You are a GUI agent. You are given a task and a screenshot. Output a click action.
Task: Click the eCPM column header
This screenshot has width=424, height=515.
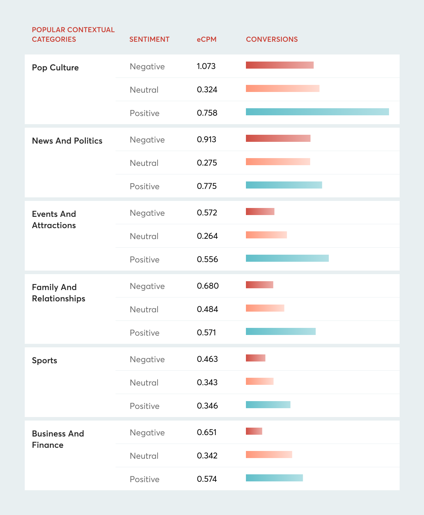206,39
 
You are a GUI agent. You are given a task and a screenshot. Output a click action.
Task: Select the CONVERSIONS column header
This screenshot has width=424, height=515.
272,39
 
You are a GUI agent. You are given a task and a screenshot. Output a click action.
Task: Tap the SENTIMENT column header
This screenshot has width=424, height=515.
149,39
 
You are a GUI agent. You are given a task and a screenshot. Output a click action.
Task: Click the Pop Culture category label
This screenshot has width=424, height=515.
55,68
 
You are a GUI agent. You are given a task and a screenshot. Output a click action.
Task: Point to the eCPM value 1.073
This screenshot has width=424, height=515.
206,66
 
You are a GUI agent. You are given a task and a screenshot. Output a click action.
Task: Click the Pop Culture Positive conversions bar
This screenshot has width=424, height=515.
317,112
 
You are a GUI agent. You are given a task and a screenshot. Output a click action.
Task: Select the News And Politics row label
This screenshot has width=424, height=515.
67,140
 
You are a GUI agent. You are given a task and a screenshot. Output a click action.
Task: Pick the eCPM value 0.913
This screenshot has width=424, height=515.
206,139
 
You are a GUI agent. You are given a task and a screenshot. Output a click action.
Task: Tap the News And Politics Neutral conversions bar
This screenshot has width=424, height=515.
278,162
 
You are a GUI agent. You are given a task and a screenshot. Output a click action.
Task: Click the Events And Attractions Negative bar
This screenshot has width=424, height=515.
260,212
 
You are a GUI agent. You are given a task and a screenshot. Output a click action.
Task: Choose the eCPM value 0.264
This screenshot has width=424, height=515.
207,236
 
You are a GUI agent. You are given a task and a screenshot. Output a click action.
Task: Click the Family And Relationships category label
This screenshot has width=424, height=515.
59,293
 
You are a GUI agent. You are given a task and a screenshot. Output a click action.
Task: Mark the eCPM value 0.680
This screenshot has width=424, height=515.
208,285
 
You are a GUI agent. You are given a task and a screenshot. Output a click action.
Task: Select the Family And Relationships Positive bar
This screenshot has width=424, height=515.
281,331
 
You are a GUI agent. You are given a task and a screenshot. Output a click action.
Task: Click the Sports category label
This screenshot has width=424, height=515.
45,360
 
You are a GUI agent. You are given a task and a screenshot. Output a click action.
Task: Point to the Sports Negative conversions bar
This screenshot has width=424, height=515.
255,358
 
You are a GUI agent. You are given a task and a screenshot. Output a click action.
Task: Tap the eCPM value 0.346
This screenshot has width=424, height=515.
207,405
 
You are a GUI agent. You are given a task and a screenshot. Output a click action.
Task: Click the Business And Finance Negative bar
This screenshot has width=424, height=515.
254,431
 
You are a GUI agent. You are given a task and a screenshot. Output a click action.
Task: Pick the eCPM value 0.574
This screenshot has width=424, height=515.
207,479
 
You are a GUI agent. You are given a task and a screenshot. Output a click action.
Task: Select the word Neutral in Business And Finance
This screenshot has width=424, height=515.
144,456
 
